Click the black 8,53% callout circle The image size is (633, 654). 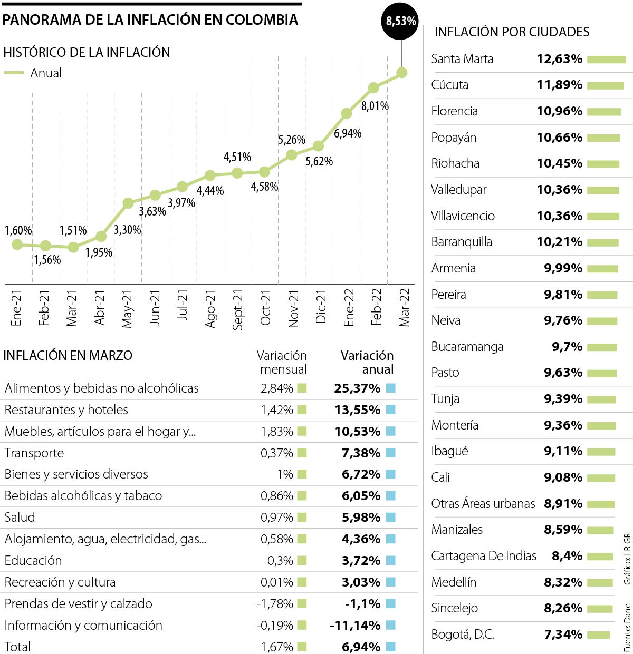coord(401,21)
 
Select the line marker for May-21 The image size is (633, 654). coord(128,203)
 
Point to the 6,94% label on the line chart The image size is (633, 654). coord(348,133)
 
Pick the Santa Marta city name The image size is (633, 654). coord(462,59)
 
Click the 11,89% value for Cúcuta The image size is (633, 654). coord(559,85)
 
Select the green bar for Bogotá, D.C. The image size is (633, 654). coord(598,635)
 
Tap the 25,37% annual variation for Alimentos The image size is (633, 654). coord(357,388)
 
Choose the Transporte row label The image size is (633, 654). coord(34,453)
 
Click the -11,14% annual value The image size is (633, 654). coord(355,626)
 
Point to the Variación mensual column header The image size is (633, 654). coord(282,363)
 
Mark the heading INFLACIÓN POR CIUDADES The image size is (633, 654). coord(512,32)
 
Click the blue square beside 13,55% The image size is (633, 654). coord(390,410)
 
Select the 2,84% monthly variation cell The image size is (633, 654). coord(277,388)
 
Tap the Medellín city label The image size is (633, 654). coord(454,582)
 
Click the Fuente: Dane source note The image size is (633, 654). coord(627,627)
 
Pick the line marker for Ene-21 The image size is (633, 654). coord(17,245)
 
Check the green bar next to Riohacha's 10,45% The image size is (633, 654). coord(603,164)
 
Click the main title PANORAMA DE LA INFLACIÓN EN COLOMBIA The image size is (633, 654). coord(150,20)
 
